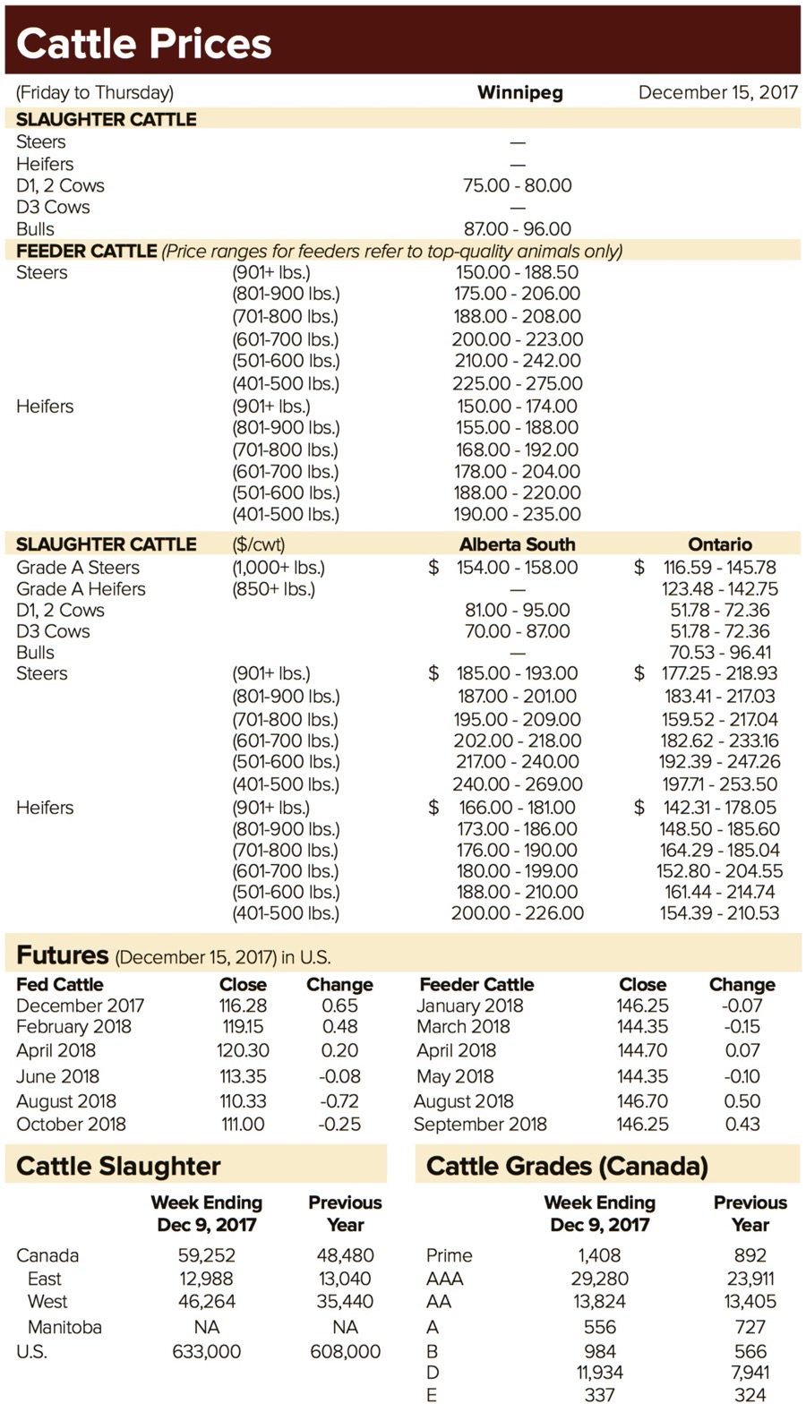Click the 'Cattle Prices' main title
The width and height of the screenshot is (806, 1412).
pyautogui.click(x=143, y=43)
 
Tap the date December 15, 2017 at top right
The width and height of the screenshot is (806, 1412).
pyautogui.click(x=717, y=92)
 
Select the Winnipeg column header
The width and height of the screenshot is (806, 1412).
pyautogui.click(x=519, y=92)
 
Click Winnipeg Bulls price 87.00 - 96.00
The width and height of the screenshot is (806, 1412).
pyautogui.click(x=517, y=229)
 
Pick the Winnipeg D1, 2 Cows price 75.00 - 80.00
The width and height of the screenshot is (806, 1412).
pyautogui.click(x=517, y=185)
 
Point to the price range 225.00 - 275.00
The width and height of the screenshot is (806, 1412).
pyautogui.click(x=517, y=383)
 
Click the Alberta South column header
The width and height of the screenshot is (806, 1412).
pyautogui.click(x=517, y=544)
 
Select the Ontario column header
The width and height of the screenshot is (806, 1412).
pyautogui.click(x=719, y=544)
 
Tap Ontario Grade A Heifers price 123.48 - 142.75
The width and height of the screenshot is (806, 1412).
pyautogui.click(x=719, y=589)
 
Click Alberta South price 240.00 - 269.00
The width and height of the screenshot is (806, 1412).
pyautogui.click(x=517, y=784)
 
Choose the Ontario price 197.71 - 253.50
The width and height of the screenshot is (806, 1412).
pyautogui.click(x=719, y=784)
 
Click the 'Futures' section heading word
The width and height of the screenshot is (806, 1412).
pyautogui.click(x=62, y=955)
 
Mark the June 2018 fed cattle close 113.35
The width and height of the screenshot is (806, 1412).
pyautogui.click(x=243, y=1076)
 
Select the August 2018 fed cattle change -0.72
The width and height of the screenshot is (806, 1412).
pyautogui.click(x=339, y=1101)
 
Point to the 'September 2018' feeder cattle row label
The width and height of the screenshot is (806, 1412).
pyautogui.click(x=480, y=1125)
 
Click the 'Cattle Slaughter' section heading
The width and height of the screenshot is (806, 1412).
pyautogui.click(x=118, y=1166)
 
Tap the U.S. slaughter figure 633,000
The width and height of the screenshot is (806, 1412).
pyautogui.click(x=206, y=1352)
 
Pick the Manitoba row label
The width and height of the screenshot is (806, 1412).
pyautogui.click(x=64, y=1327)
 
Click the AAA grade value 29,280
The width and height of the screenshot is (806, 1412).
pyautogui.click(x=599, y=1279)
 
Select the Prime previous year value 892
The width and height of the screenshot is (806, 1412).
pyautogui.click(x=750, y=1255)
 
